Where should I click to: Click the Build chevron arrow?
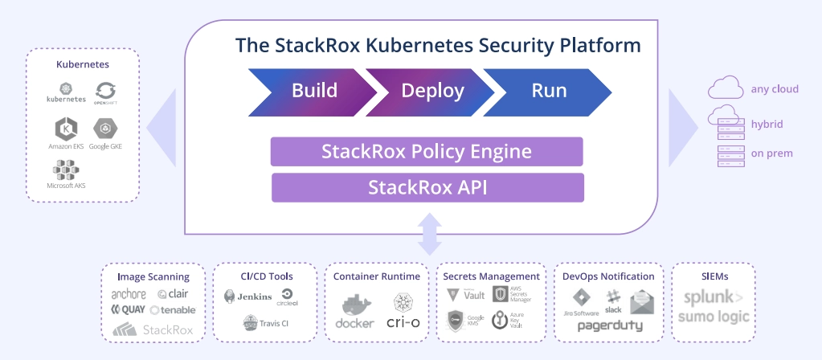(x=309, y=90)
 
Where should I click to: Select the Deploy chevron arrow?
(x=430, y=90)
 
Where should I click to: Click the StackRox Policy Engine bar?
(x=427, y=151)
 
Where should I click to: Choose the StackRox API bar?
(x=427, y=187)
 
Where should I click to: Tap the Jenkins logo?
(x=248, y=297)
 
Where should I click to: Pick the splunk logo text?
(x=713, y=298)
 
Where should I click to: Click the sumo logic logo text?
(x=713, y=317)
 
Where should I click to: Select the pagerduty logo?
(x=607, y=326)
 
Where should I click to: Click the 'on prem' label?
(x=770, y=153)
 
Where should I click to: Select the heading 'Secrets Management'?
(x=491, y=276)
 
